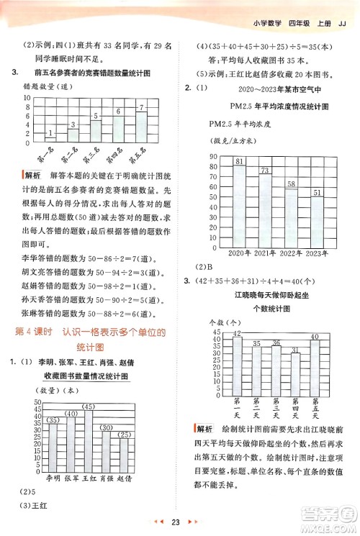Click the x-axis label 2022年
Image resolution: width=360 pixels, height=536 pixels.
(x=292, y=253)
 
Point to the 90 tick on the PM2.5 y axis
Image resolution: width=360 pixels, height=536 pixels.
(x=213, y=157)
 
